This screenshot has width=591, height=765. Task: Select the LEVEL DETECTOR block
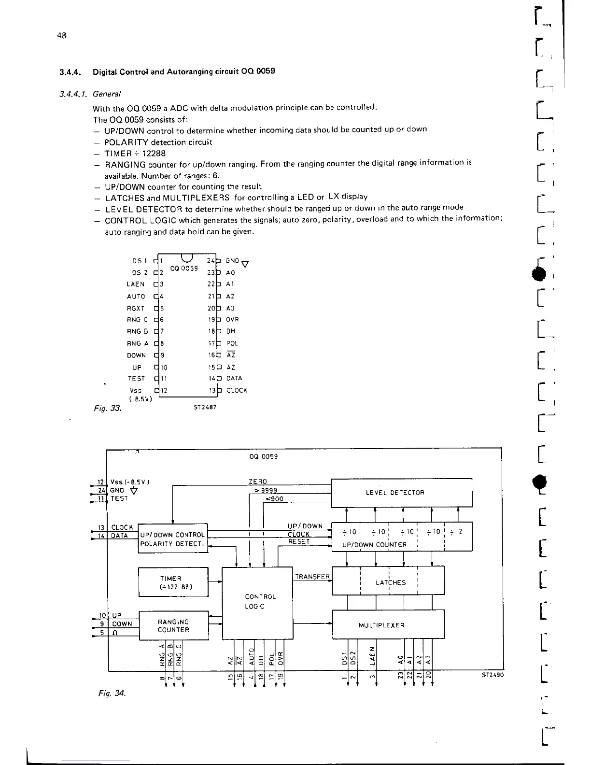(x=401, y=493)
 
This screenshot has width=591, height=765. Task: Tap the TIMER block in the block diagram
(x=173, y=582)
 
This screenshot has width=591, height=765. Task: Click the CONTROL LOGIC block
(x=257, y=602)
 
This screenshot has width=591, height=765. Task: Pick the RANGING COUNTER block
(x=173, y=626)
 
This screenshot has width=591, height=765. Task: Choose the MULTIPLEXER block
(x=388, y=624)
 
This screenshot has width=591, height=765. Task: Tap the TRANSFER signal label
(x=312, y=577)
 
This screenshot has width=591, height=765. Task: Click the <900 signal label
(x=274, y=499)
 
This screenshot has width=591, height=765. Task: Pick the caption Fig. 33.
(x=107, y=408)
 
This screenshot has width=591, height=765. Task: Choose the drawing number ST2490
(x=492, y=675)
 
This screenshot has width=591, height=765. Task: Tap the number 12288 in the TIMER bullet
(x=153, y=154)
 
